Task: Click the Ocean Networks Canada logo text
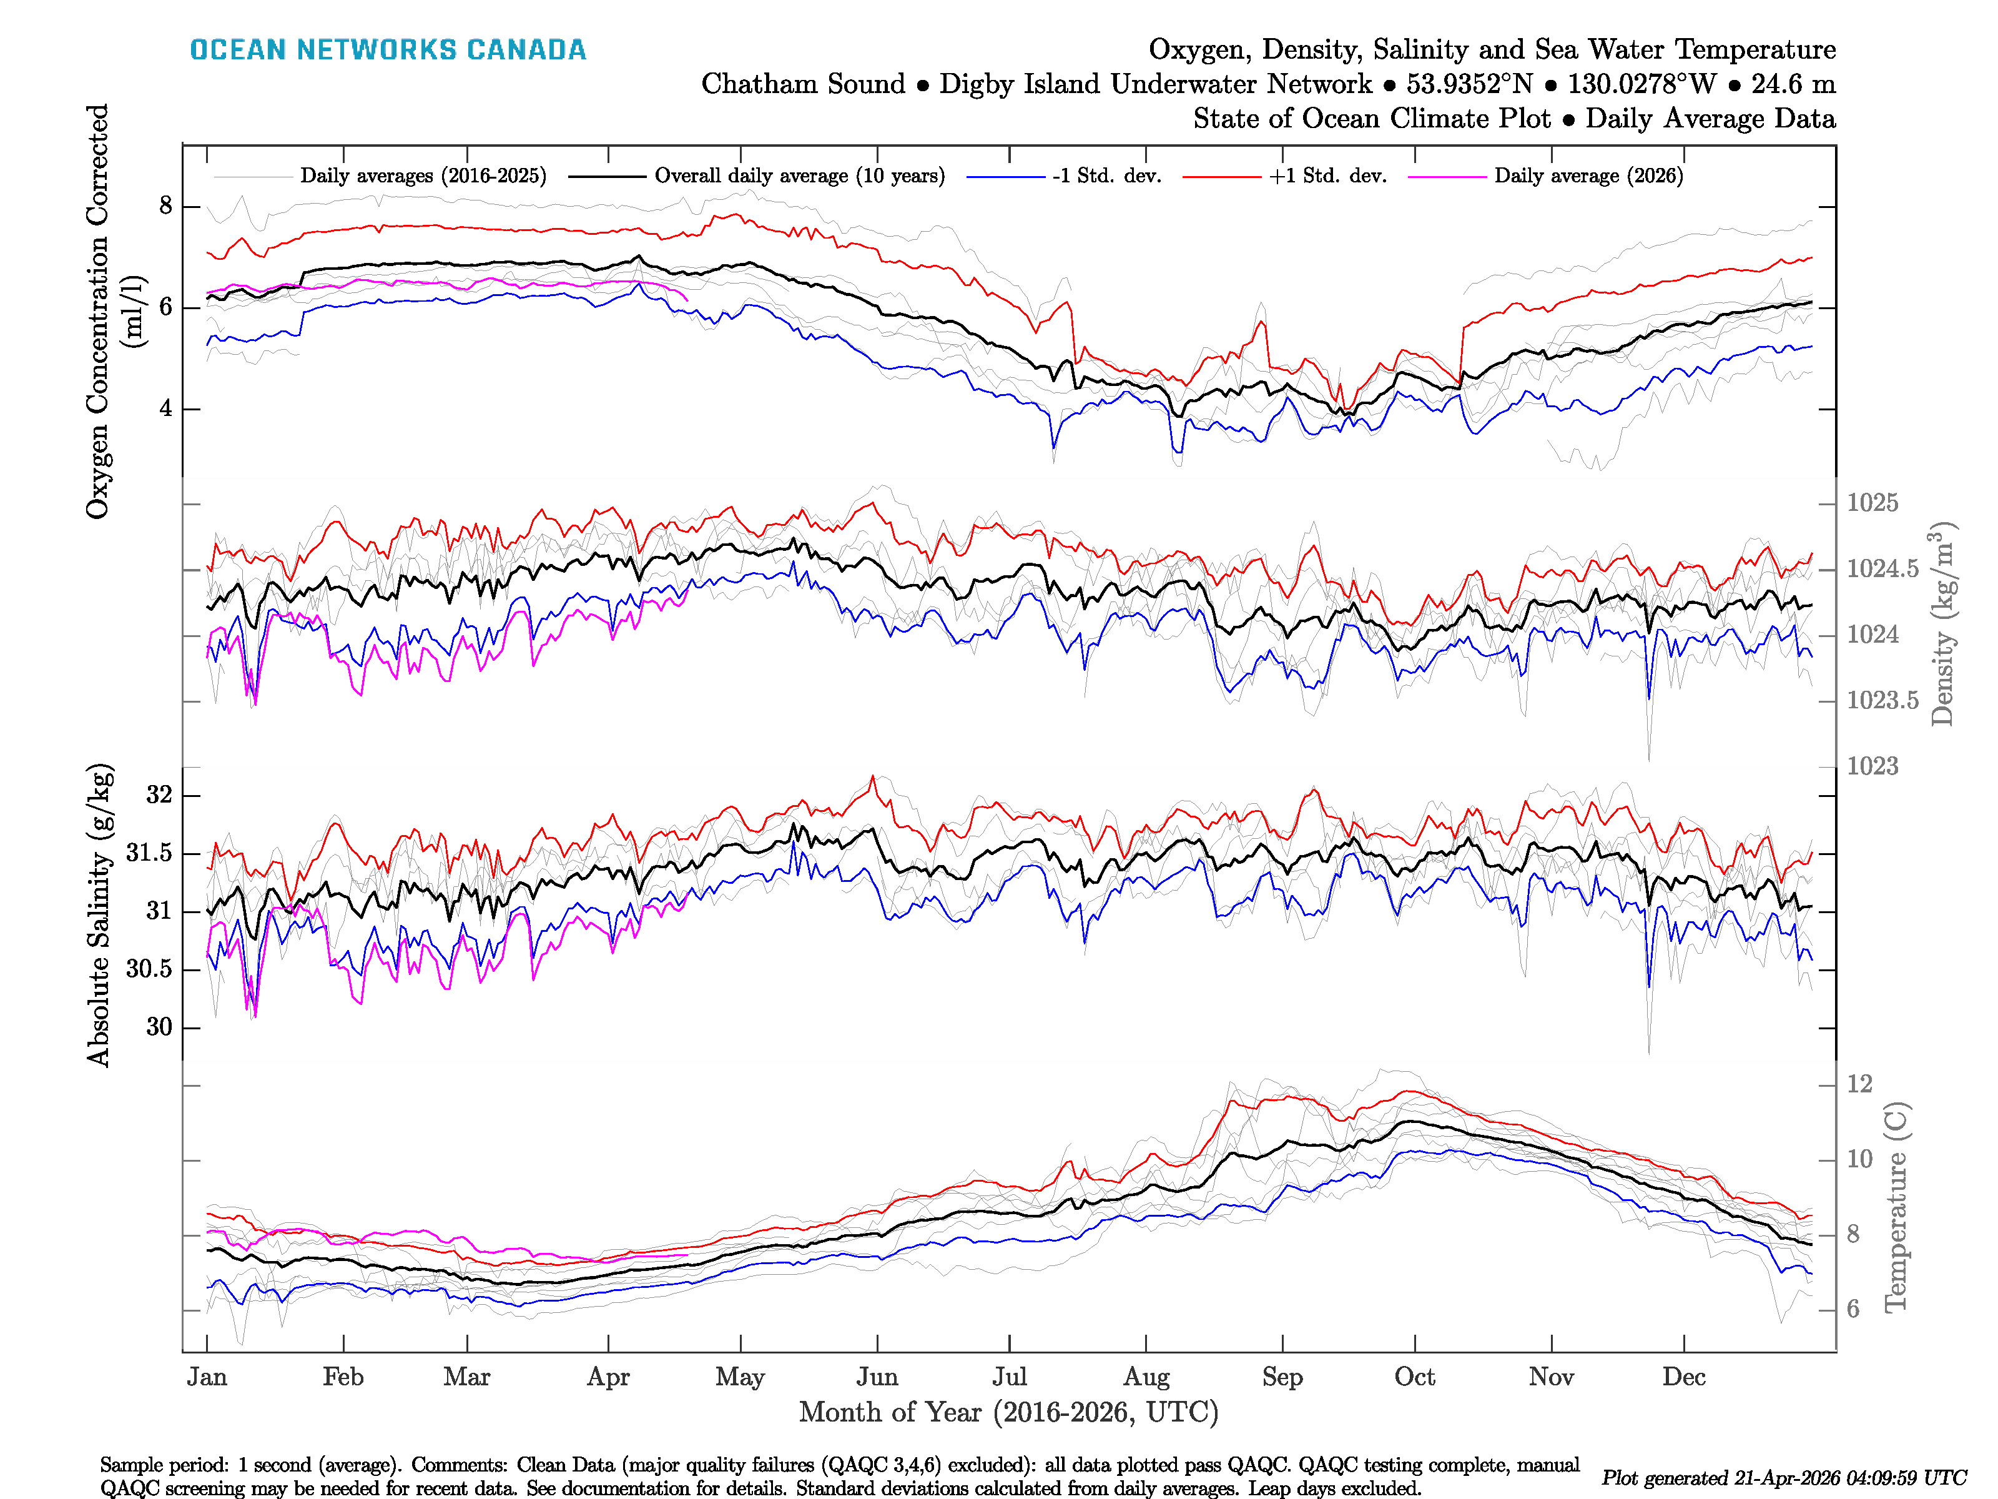click(388, 50)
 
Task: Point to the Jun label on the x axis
click(877, 1377)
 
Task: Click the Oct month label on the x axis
click(1414, 1377)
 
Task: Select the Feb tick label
click(343, 1377)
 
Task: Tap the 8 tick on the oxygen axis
click(165, 206)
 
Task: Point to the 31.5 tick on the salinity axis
click(149, 853)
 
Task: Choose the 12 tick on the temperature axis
click(1859, 1084)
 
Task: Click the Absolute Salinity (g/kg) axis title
click(99, 914)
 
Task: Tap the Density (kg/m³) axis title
click(1942, 623)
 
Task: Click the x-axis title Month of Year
click(1008, 1412)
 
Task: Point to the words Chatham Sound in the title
click(803, 84)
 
